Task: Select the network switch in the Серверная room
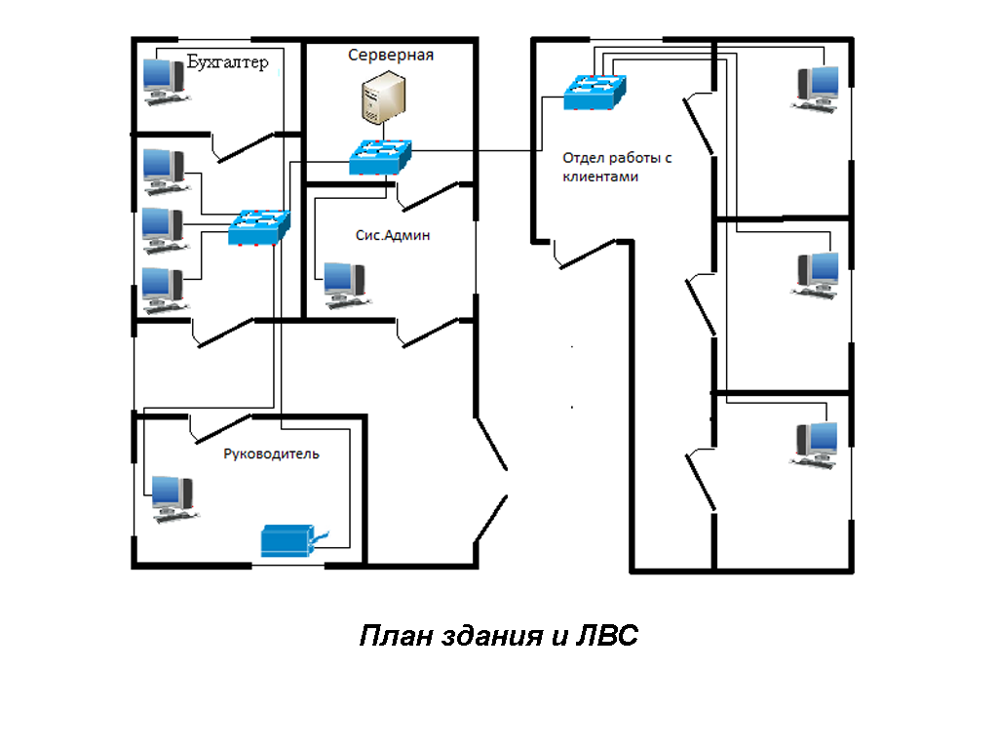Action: click(381, 156)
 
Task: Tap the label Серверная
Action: click(391, 56)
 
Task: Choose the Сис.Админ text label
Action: click(393, 235)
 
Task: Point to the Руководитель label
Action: click(271, 453)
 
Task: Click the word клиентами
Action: click(600, 177)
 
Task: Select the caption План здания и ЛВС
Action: click(498, 636)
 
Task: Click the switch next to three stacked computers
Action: click(259, 228)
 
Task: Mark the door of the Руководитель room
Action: click(225, 424)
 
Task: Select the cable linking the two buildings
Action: click(474, 151)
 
